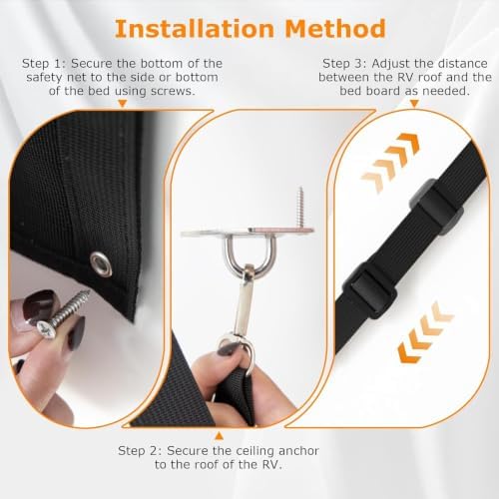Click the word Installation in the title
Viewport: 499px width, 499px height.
pyautogui.click(x=195, y=29)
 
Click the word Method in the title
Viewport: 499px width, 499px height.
pyautogui.click(x=335, y=29)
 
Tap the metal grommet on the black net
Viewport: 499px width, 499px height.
pyautogui.click(x=101, y=262)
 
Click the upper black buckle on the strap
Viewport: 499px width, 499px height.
pyautogui.click(x=436, y=207)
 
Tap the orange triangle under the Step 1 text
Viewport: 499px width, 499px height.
pyautogui.click(x=123, y=104)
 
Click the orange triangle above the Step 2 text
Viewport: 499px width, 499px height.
pyautogui.click(x=219, y=436)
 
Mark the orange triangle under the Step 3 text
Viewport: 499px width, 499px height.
pyautogui.click(x=414, y=104)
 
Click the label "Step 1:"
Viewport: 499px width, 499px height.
pyautogui.click(x=44, y=63)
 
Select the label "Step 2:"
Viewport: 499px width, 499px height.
pyautogui.click(x=140, y=451)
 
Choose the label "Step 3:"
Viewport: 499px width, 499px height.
pyautogui.click(x=345, y=63)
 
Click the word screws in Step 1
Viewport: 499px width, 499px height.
pyautogui.click(x=173, y=91)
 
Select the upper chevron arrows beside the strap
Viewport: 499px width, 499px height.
pyautogui.click(x=390, y=162)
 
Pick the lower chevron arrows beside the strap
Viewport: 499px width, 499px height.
pyautogui.click(x=426, y=332)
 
